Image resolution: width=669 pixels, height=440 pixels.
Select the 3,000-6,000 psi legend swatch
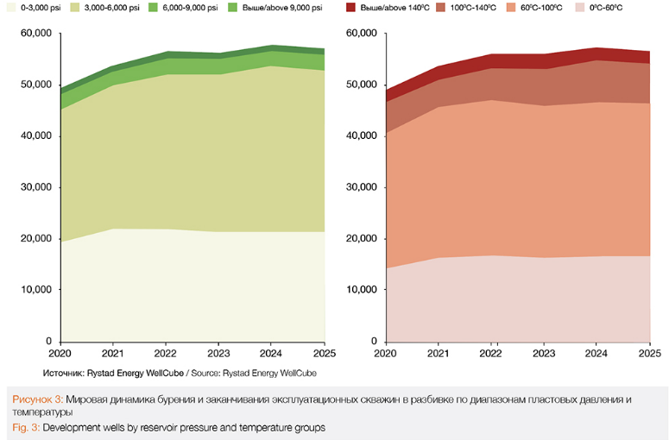(85, 7)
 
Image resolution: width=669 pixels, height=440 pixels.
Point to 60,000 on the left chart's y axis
(35, 34)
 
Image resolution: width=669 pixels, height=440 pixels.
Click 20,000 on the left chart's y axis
(35, 238)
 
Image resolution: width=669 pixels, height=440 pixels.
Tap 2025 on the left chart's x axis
(325, 354)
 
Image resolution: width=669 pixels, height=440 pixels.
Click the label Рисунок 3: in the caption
(37, 399)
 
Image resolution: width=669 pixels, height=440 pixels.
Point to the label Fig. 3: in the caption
(26, 427)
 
